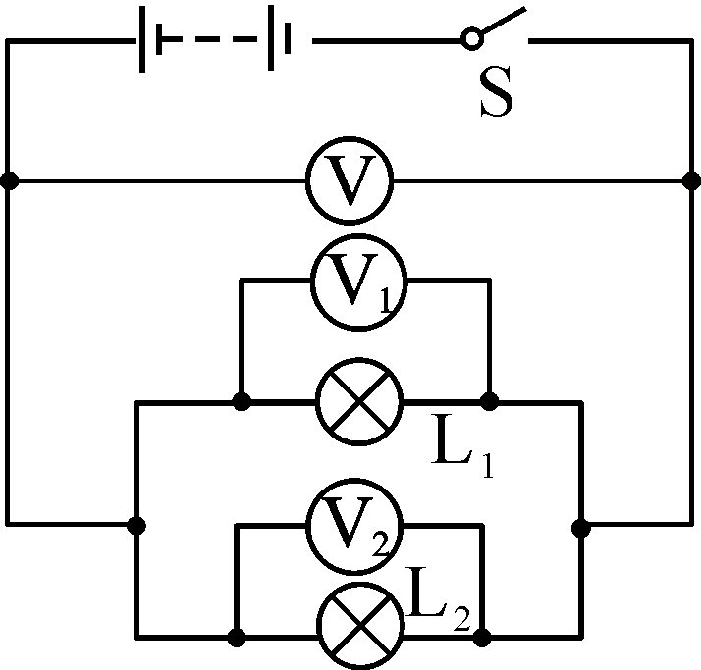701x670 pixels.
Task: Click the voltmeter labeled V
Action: click(x=350, y=180)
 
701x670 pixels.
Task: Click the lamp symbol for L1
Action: click(x=358, y=401)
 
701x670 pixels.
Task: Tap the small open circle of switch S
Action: click(x=471, y=39)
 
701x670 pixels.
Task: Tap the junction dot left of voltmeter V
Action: click(x=9, y=180)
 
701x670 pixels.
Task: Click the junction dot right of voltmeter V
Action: click(x=691, y=180)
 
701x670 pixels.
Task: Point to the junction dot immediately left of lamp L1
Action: click(x=242, y=401)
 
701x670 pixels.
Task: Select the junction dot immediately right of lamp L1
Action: click(x=489, y=401)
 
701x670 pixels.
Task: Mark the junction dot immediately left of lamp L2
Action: click(x=236, y=637)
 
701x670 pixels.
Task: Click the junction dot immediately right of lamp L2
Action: click(x=482, y=637)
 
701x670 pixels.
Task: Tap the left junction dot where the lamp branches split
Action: click(x=135, y=526)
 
